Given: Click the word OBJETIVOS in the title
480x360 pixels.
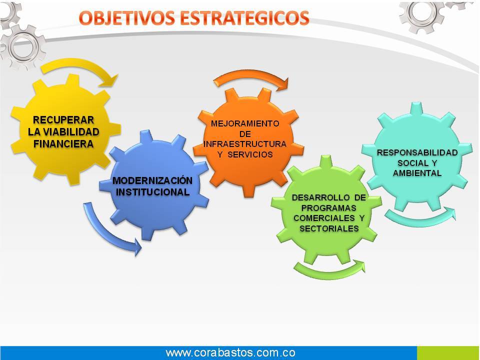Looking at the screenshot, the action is coord(126,18).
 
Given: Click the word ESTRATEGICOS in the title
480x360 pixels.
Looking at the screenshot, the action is coord(244,18).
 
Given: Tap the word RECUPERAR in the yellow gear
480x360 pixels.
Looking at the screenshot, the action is coord(63,119).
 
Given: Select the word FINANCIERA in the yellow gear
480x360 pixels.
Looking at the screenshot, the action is coord(63,144).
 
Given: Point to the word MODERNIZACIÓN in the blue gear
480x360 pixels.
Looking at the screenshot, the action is coord(152,180).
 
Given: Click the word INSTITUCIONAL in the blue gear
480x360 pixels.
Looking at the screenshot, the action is coord(153,192).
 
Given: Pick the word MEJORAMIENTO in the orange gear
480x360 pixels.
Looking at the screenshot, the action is coord(245,123).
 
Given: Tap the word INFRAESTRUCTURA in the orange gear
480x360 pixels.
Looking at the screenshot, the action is coord(245,144).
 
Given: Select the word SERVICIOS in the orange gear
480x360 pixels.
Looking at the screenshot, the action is coord(250,154).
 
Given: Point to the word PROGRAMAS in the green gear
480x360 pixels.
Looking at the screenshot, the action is coord(329,208).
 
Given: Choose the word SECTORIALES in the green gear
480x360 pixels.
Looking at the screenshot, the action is coord(329,228).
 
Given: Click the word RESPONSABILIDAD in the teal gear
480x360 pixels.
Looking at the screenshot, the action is coord(417,153).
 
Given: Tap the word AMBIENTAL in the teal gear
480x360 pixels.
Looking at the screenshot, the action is coord(417,173).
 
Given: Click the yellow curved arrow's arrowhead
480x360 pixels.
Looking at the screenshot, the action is coord(111,80).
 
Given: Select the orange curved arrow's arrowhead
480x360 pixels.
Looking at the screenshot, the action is coord(282,84).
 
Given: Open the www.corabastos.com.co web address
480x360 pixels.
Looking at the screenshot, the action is coord(230,352).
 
